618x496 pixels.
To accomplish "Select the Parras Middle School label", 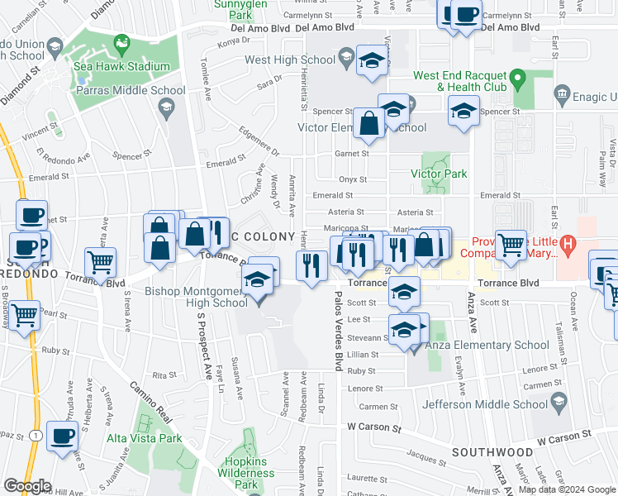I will [x=135, y=90].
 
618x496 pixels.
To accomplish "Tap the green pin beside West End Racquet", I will [x=518, y=80].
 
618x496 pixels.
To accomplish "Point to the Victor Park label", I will [x=439, y=174].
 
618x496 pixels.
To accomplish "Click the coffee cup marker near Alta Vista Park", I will [x=62, y=436].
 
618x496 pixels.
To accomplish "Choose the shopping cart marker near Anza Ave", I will [x=511, y=244].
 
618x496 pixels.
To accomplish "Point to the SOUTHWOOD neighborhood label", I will [x=492, y=452].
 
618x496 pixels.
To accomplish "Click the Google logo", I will [x=27, y=486].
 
